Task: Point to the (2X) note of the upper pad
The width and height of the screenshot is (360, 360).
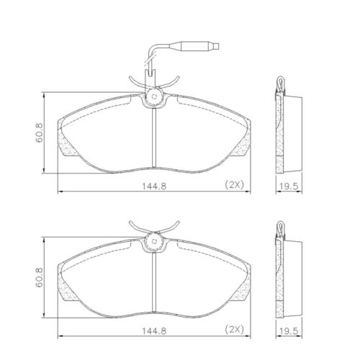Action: (235, 185)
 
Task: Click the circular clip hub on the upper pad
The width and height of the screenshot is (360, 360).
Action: (153, 98)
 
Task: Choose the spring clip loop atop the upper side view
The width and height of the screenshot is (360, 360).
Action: (280, 86)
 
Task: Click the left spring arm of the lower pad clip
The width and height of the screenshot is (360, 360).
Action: (137, 227)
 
